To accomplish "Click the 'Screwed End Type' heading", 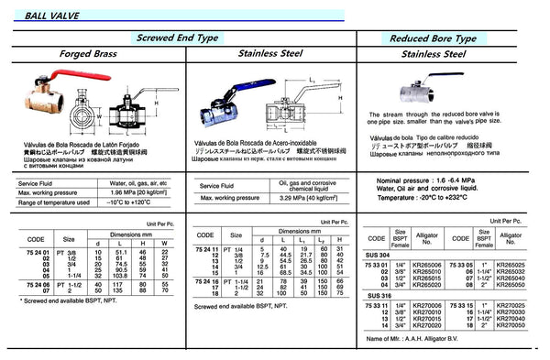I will point(190,38).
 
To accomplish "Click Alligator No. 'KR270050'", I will point(520,324).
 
